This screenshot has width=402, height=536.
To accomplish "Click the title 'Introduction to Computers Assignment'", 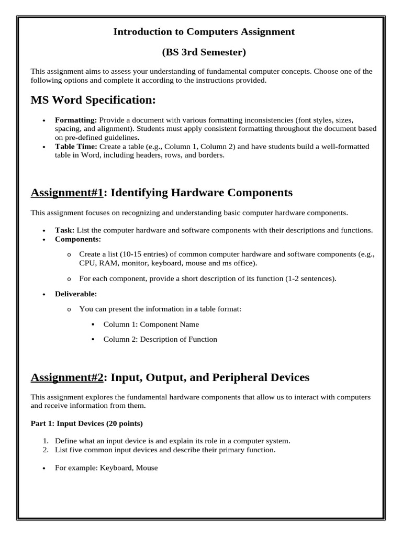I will tap(204, 32).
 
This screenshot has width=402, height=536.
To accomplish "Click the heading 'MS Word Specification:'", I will tap(94, 99).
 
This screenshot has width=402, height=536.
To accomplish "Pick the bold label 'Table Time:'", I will tap(76, 147).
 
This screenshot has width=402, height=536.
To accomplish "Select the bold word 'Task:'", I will tap(65, 230).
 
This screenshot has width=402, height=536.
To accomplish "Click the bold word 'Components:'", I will tap(78, 239).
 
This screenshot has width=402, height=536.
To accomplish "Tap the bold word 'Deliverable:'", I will tap(76, 294).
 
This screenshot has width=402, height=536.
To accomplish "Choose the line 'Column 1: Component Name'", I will tap(151, 324).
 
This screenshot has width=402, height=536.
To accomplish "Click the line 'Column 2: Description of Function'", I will tap(160, 339).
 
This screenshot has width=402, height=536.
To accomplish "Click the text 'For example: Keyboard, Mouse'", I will tap(106, 468).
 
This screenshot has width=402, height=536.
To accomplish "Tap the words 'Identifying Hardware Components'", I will tap(203, 193).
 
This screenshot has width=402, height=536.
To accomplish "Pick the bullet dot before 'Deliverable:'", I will tap(43, 295).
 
